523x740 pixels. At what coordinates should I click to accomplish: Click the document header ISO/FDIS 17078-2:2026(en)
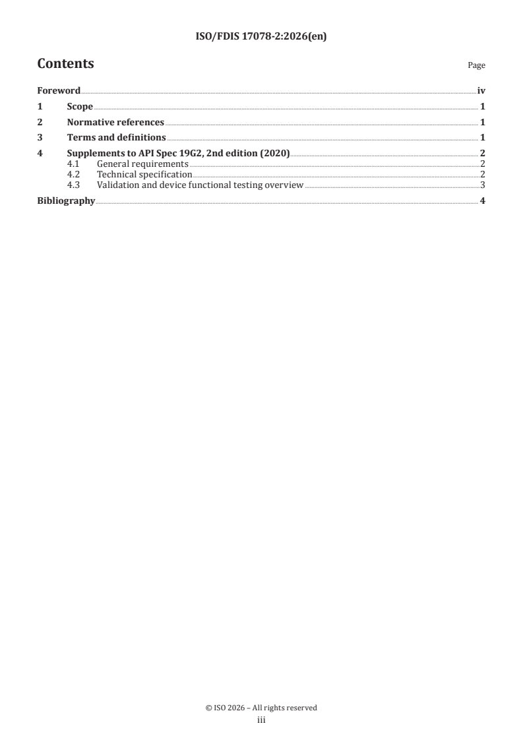(261, 37)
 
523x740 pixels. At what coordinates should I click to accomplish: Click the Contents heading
(65, 64)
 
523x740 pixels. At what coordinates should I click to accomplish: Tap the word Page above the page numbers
(476, 65)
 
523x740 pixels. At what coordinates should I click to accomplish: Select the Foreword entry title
(59, 91)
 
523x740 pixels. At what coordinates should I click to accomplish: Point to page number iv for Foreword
(481, 91)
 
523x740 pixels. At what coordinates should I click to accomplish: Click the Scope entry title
(80, 107)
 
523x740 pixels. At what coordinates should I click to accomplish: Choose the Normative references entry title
(115, 122)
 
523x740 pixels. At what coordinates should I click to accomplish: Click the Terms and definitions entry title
(116, 138)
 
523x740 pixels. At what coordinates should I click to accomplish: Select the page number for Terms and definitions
(483, 138)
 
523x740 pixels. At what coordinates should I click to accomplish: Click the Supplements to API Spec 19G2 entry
(178, 154)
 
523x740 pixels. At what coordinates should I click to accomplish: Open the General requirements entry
(142, 164)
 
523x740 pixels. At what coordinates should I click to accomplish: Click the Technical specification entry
(144, 174)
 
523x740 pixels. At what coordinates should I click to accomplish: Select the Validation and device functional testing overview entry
(200, 185)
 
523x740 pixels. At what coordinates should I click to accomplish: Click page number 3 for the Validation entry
(483, 185)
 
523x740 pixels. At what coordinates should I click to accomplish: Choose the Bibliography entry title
(65, 200)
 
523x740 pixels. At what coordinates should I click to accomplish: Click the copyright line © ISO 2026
(261, 708)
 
